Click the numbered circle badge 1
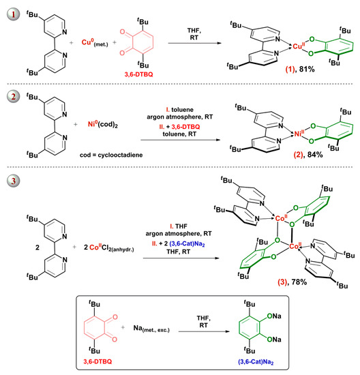tap(13, 14)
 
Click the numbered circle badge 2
tap(13, 96)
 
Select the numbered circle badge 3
tap(13, 180)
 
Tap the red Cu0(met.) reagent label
tap(95, 43)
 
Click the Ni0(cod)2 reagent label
tap(103, 124)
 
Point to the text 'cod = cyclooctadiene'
tap(111, 155)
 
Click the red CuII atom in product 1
tap(299, 46)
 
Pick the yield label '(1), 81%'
tap(300, 70)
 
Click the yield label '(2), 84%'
tap(308, 155)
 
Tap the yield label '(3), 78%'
tap(292, 282)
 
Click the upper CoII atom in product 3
tap(282, 218)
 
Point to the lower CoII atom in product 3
tap(295, 246)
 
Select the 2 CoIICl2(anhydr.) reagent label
tap(109, 247)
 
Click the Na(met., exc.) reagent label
tap(151, 329)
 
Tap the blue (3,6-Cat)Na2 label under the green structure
tap(256, 362)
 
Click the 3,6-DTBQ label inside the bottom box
tap(97, 361)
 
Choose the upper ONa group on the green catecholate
tap(274, 316)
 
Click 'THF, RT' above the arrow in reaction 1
tap(194, 34)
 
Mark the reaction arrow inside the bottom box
tap(204, 331)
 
